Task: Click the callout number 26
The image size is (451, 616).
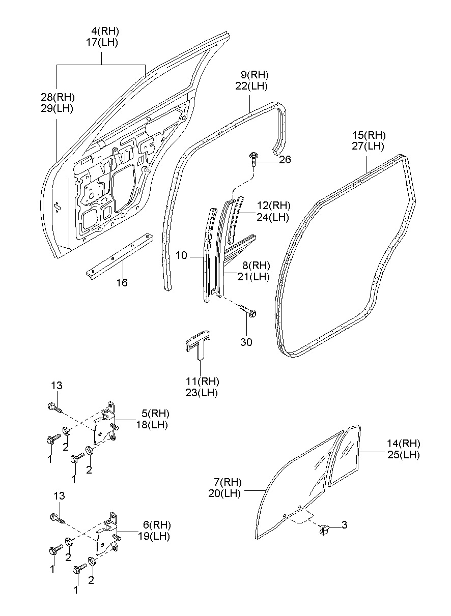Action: pos(285,160)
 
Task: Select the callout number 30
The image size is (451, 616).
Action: pos(246,342)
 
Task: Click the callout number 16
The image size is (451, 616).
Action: pos(121,282)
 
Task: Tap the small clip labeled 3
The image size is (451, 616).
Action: pos(323,530)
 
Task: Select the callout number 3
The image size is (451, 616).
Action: pos(345,524)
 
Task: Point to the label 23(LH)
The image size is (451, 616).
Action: pos(202,393)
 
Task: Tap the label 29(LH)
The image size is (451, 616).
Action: pos(57,108)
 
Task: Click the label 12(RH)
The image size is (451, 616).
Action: pos(273,206)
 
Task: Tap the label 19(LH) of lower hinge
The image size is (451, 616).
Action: pos(154,536)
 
